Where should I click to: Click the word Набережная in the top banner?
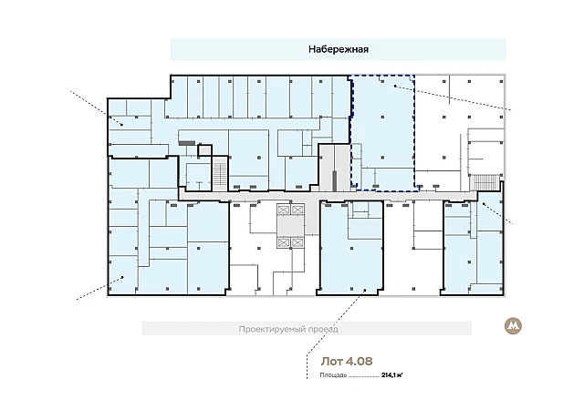pyautogui.click(x=339, y=49)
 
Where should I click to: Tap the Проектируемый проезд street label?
pyautogui.click(x=288, y=329)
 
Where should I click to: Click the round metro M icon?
pyautogui.click(x=513, y=326)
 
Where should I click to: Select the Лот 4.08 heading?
pyautogui.click(x=347, y=361)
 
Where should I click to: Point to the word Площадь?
pyautogui.click(x=333, y=375)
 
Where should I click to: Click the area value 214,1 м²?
pyautogui.click(x=391, y=375)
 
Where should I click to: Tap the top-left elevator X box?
pyautogui.click(x=283, y=210)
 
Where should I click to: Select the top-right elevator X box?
pyautogui.click(x=297, y=210)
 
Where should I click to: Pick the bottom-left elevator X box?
pyautogui.click(x=283, y=242)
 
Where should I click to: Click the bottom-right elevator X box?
pyautogui.click(x=297, y=242)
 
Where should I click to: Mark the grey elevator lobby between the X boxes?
pyautogui.click(x=290, y=226)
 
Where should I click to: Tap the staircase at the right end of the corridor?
pyautogui.click(x=485, y=182)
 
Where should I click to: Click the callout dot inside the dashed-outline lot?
pyautogui.click(x=395, y=86)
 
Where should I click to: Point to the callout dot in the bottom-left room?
pyautogui.click(x=123, y=277)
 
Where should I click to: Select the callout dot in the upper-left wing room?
pyautogui.click(x=122, y=125)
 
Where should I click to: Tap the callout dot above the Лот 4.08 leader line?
pyautogui.click(x=365, y=290)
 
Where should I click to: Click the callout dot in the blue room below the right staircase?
pyautogui.click(x=484, y=204)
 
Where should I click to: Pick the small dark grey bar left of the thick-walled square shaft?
pyautogui.click(x=187, y=143)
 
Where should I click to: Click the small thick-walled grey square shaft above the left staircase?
pyautogui.click(x=205, y=150)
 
